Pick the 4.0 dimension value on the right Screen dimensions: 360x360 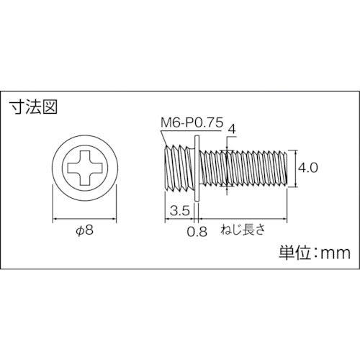[308, 168]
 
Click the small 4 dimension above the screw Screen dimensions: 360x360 [231, 129]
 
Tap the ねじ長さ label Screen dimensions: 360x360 [244, 231]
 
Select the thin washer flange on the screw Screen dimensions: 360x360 [196, 169]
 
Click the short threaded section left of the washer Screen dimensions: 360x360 [176, 169]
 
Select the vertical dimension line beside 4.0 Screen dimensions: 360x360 [294, 169]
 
